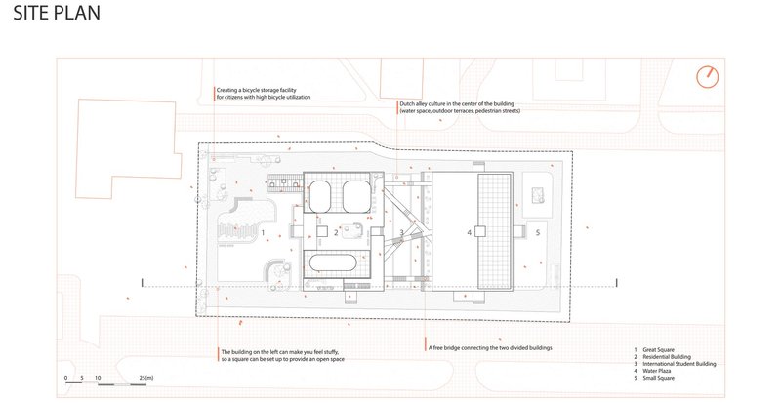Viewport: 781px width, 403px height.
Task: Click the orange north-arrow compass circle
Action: [x=709, y=77]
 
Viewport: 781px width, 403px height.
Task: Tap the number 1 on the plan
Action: [x=263, y=232]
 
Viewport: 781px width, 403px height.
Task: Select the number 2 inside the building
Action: [x=335, y=233]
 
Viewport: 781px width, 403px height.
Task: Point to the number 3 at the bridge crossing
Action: [x=401, y=233]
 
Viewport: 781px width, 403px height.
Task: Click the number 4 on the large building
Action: [x=470, y=232]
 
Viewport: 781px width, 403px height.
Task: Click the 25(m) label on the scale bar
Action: [x=147, y=377]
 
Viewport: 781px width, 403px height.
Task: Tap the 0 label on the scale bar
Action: [x=66, y=377]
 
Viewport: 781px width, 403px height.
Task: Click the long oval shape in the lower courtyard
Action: [x=337, y=263]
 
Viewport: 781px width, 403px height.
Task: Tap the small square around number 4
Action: [x=470, y=232]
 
